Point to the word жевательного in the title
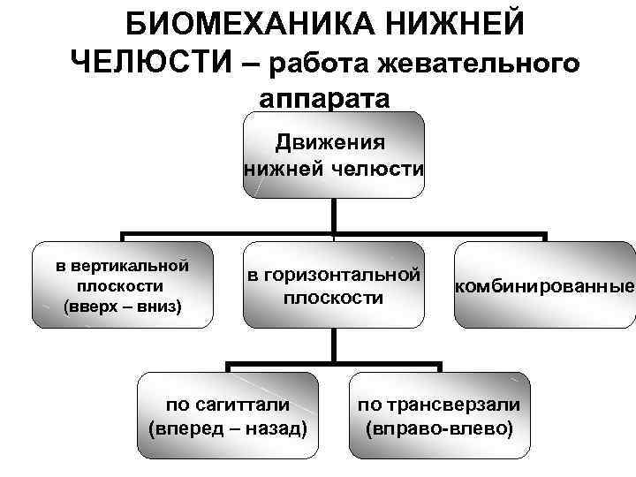[472, 64]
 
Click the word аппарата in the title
[324, 96]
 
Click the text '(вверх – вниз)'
[122, 307]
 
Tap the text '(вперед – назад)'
[229, 429]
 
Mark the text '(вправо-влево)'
[439, 429]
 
